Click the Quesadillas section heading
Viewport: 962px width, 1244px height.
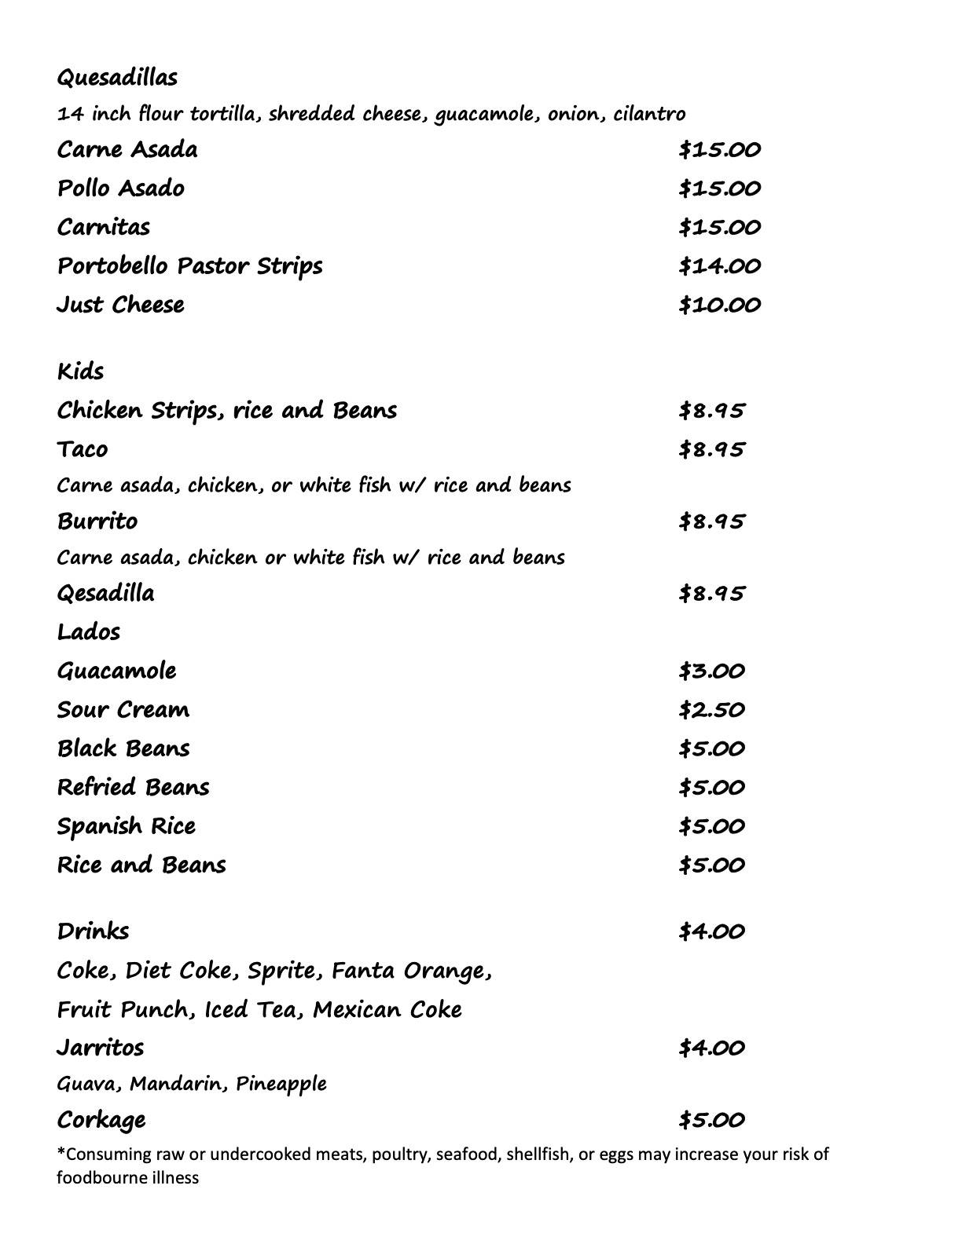[117, 78]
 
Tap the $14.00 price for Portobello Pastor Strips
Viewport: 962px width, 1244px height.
[719, 266]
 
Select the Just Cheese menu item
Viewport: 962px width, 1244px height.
[120, 305]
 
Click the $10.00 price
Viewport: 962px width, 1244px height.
[719, 305]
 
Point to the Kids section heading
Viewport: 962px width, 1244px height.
[80, 371]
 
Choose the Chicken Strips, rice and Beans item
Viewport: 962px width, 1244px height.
[226, 411]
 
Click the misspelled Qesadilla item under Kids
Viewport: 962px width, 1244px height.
[105, 593]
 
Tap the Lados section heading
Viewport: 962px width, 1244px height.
[88, 632]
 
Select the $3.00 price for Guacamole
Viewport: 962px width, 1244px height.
[711, 671]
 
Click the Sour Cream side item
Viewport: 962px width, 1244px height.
[123, 710]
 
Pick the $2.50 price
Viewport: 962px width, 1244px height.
[711, 710]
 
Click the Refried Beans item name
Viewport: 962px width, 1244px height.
[133, 788]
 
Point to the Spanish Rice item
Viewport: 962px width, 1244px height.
[126, 826]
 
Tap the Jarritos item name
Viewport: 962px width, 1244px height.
[100, 1048]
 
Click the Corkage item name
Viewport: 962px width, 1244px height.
[101, 1120]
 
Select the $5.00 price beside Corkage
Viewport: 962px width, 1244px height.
[711, 1120]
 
